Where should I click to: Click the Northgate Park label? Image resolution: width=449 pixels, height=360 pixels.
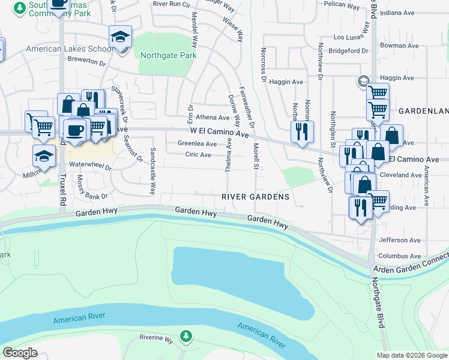pos(169,56)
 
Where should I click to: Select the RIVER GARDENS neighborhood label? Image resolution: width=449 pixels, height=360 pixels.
pos(255,197)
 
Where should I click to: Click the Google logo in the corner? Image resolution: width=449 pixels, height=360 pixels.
pos(20,353)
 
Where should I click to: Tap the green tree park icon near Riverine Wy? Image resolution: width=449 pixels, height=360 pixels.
pos(187,336)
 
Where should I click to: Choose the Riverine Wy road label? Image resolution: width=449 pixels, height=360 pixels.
pos(156,338)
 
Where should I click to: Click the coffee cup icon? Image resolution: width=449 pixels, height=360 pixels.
pos(75,130)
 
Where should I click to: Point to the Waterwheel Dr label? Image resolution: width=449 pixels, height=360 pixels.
pos(91,167)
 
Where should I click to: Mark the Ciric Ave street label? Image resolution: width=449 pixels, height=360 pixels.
pos(198,155)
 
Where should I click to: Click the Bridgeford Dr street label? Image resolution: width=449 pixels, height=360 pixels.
pos(348,51)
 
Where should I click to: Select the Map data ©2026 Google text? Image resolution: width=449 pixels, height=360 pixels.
pos(411,355)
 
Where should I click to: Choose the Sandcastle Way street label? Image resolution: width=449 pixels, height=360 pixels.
pos(152,171)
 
